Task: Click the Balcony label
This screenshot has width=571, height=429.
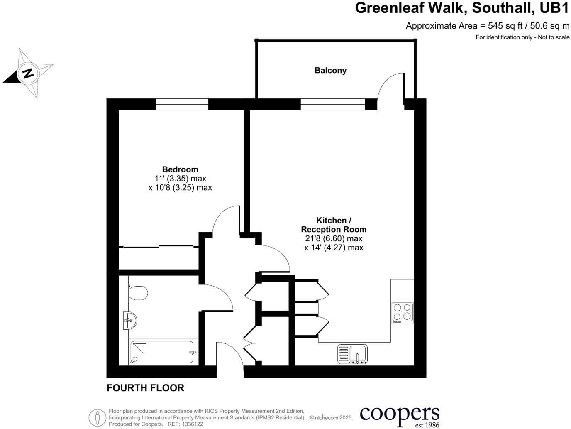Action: pyautogui.click(x=330, y=71)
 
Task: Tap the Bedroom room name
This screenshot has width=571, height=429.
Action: pyautogui.click(x=180, y=169)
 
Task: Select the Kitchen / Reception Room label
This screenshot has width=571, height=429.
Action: pyautogui.click(x=334, y=225)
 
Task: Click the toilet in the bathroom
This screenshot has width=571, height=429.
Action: pyautogui.click(x=138, y=292)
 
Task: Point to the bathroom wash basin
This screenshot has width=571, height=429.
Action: pyautogui.click(x=130, y=320)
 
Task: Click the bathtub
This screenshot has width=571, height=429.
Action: pyautogui.click(x=162, y=352)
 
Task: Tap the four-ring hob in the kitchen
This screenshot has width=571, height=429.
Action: pyautogui.click(x=402, y=313)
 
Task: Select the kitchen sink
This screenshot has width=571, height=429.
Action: pyautogui.click(x=353, y=354)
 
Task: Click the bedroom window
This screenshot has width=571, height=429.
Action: pyautogui.click(x=182, y=104)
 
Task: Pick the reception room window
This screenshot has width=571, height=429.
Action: pyautogui.click(x=332, y=104)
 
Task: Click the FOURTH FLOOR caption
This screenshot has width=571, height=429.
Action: pyautogui.click(x=145, y=388)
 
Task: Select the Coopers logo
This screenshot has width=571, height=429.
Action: pyautogui.click(x=399, y=416)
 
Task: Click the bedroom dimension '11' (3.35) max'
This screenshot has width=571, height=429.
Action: pyautogui.click(x=180, y=179)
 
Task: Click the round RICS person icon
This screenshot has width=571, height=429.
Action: pyautogui.click(x=97, y=417)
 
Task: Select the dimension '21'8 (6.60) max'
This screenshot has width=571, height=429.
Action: pyautogui.click(x=334, y=239)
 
